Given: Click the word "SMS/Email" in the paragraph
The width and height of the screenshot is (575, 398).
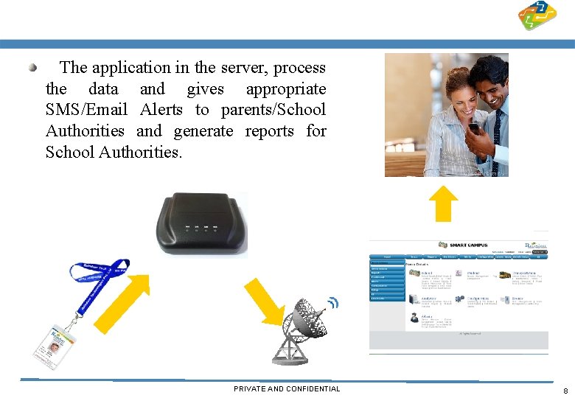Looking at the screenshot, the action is click(86, 110).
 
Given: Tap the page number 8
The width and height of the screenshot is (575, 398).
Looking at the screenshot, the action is click(565, 391).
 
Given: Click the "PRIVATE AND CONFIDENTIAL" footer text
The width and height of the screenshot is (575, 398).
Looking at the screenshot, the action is click(287, 388).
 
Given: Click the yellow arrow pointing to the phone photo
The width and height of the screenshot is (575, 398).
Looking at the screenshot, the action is click(444, 203).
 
